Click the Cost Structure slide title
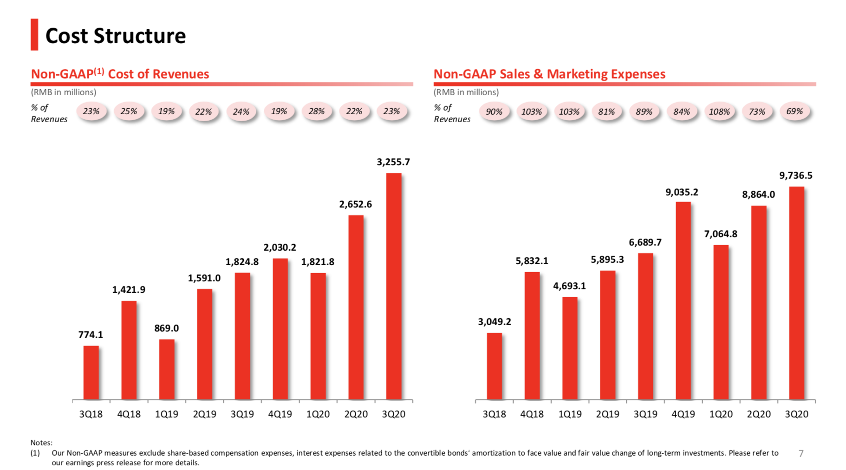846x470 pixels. point(115,36)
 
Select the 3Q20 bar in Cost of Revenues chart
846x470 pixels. point(394,286)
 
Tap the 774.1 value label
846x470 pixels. point(91,335)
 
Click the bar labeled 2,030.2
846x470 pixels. point(280,329)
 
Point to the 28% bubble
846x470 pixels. point(317,111)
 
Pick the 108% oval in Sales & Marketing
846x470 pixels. point(719,112)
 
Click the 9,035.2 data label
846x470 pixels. point(682,192)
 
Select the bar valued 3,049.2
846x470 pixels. point(495,366)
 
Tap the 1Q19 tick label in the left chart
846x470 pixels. point(166,414)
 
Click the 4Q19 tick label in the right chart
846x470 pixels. point(683,414)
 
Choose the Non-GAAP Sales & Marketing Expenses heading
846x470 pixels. point(549,74)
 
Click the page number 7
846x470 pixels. point(800,454)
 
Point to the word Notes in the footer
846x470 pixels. point(41,443)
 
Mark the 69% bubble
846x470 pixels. point(794,111)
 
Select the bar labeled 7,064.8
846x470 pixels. point(721,322)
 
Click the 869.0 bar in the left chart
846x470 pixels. point(167,369)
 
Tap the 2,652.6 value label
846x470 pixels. point(355,204)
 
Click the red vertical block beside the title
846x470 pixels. point(34,35)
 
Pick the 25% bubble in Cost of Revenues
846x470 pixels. point(129,111)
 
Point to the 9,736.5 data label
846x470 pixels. point(796,176)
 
